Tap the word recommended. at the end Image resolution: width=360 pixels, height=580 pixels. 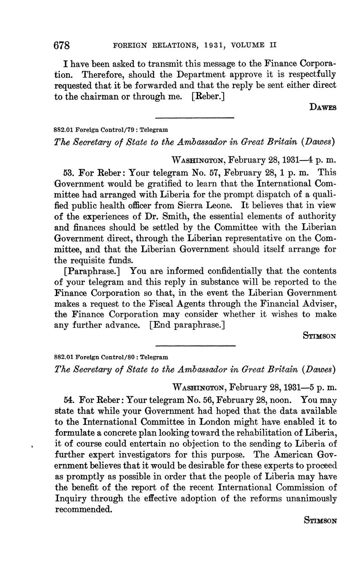[x=84, y=509]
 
